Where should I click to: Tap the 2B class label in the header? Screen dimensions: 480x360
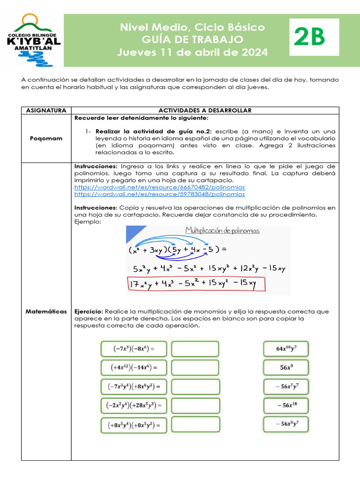click(x=309, y=37)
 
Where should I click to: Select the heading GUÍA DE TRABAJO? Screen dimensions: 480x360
click(x=193, y=39)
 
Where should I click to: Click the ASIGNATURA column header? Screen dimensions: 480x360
click(x=45, y=110)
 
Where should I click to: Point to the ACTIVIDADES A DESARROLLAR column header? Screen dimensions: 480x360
click(x=205, y=110)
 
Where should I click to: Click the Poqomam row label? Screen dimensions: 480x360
click(x=45, y=139)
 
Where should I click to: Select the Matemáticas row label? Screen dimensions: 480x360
click(x=45, y=311)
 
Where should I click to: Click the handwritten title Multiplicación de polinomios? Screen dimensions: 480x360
click(x=223, y=231)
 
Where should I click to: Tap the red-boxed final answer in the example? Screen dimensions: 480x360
click(x=195, y=284)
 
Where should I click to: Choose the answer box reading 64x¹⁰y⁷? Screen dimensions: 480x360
click(x=286, y=349)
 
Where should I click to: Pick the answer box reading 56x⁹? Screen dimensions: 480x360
click(x=286, y=368)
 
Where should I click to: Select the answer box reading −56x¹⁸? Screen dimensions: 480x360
click(x=286, y=405)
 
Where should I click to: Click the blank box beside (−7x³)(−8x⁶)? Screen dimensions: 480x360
click(x=195, y=349)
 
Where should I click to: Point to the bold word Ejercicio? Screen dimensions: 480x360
click(x=89, y=311)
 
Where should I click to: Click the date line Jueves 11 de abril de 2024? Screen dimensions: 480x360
click(x=193, y=52)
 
